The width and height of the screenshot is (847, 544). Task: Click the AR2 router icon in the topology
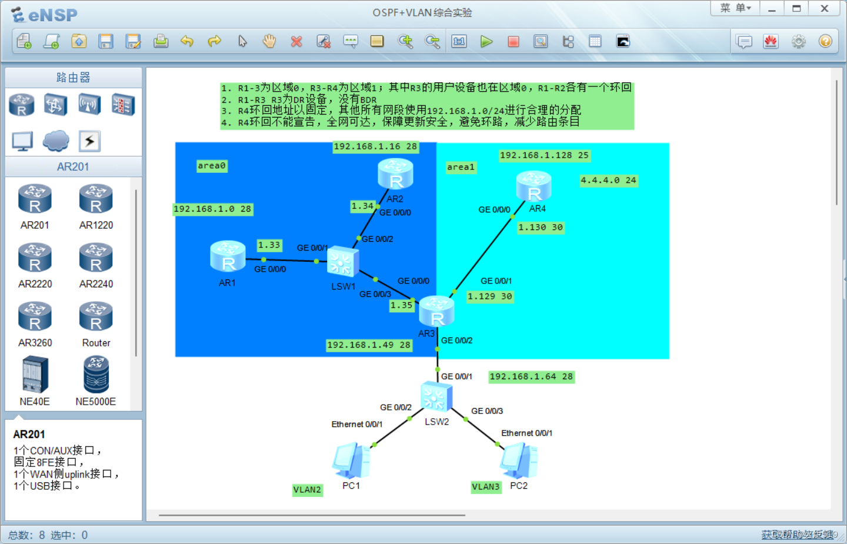pyautogui.click(x=395, y=174)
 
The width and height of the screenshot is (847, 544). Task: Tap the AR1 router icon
pyautogui.click(x=228, y=256)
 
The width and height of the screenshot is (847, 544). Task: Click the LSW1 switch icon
pyautogui.click(x=343, y=262)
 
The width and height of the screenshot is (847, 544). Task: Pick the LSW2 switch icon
pyautogui.click(x=436, y=397)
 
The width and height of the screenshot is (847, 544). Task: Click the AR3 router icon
pyautogui.click(x=436, y=311)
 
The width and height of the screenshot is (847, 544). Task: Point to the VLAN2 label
pyautogui.click(x=308, y=490)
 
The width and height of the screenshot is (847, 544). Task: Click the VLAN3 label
pyautogui.click(x=486, y=487)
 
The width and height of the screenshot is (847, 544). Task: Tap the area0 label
pyautogui.click(x=212, y=166)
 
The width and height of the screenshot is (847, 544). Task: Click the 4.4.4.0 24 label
pyautogui.click(x=608, y=181)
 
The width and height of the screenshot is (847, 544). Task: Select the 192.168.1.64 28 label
pyautogui.click(x=531, y=376)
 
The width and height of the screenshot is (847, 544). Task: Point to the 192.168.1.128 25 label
pyautogui.click(x=544, y=155)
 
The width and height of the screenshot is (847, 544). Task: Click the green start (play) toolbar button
pyautogui.click(x=486, y=41)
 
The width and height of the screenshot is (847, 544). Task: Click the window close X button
pyautogui.click(x=825, y=8)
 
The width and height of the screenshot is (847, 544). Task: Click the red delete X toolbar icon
pyautogui.click(x=296, y=41)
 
